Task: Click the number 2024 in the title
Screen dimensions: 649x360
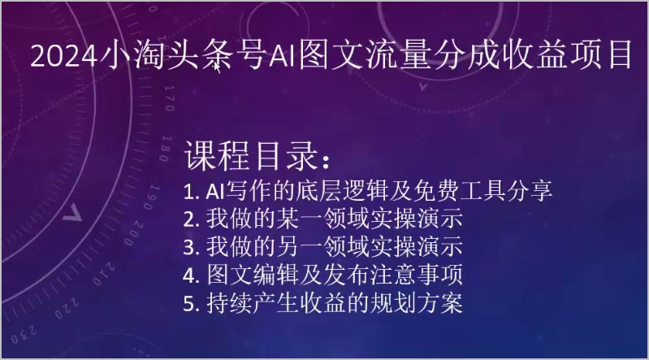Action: (63, 55)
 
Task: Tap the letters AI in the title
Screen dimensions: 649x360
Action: (283, 55)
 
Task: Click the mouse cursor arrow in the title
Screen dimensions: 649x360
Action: (217, 67)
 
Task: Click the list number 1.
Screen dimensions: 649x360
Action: (188, 192)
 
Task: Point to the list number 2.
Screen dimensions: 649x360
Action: (189, 220)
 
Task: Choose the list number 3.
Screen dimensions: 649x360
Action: (189, 247)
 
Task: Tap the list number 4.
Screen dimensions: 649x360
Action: (189, 275)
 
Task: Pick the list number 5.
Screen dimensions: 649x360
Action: (189, 304)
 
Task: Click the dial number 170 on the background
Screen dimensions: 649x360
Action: (170, 98)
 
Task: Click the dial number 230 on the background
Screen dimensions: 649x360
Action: (24, 335)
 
